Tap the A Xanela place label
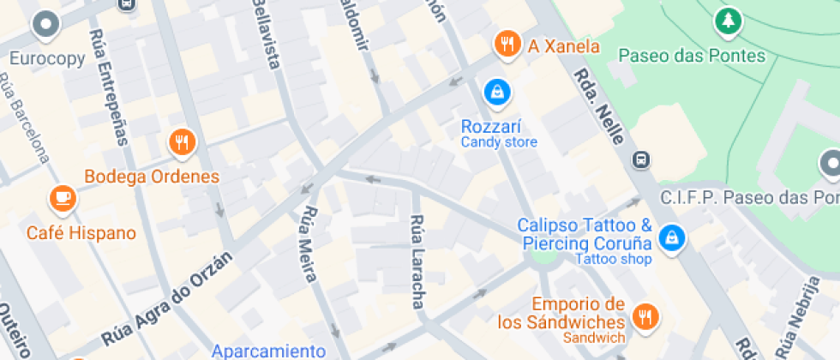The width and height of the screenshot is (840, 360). pos(563,46)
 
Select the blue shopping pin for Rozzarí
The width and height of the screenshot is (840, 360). pos(496,91)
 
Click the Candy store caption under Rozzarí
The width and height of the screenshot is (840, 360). pos(499,142)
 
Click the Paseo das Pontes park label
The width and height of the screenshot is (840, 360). pos(692,56)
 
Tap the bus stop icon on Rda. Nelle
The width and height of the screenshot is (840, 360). pos(640,159)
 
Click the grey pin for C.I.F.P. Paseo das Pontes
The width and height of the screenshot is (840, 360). pos(830,162)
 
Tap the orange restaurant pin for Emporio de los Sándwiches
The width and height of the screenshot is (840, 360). pos(644,315)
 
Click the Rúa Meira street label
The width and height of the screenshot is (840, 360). pos(309,244)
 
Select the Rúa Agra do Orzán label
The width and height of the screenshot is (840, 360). pos(167,297)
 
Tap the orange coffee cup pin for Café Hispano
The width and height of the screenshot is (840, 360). pos(63,198)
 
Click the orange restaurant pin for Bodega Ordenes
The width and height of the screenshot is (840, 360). pos(181,142)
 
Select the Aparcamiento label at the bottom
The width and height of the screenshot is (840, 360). pos(268,351)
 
